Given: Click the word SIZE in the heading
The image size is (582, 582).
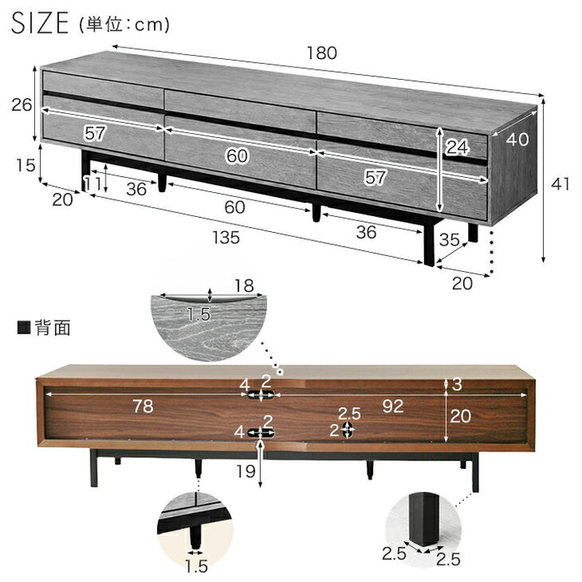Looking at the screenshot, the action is (40, 23).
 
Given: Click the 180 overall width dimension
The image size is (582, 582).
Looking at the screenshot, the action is (322, 53).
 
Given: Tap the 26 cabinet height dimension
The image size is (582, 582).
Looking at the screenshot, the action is (22, 105).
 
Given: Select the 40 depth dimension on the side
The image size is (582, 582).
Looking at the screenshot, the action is (517, 140).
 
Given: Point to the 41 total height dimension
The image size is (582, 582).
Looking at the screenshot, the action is (560, 184).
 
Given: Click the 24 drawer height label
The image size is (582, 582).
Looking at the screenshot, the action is (457, 147).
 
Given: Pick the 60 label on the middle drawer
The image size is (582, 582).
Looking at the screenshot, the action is (237, 156).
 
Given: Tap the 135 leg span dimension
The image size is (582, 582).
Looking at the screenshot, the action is (226, 238).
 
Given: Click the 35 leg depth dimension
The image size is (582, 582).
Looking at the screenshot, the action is (450, 239).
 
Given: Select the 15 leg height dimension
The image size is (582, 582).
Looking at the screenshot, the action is (26, 165).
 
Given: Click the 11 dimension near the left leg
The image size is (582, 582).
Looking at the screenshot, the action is (91, 184).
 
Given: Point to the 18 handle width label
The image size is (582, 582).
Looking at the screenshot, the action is (244, 286).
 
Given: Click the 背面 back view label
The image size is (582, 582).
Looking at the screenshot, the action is (52, 328).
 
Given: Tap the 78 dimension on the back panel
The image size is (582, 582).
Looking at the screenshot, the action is (143, 406).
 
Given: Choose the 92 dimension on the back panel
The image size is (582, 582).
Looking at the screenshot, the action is (392, 407).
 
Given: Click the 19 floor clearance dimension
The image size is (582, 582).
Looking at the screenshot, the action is (246, 471).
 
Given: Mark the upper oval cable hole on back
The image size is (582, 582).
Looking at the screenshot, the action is (260, 395).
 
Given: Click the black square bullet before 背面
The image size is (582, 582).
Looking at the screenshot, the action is (24, 328).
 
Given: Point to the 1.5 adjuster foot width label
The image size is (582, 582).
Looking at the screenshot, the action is (196, 567).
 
